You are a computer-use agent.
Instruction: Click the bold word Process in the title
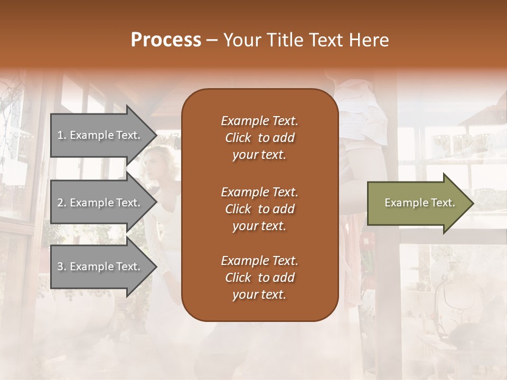pyautogui.click(x=166, y=40)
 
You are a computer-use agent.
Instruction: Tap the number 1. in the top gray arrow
pyautogui.click(x=62, y=135)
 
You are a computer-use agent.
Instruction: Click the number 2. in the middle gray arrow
pyautogui.click(x=62, y=203)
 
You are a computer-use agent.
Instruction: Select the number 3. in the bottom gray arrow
pyautogui.click(x=62, y=267)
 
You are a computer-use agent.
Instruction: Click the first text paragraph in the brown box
pyautogui.click(x=259, y=138)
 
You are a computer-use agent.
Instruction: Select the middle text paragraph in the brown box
pyautogui.click(x=259, y=208)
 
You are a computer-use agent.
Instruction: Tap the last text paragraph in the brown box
pyautogui.click(x=259, y=278)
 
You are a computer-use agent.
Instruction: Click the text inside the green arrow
pyautogui.click(x=419, y=203)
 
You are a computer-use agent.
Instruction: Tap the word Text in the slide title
pyautogui.click(x=326, y=40)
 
